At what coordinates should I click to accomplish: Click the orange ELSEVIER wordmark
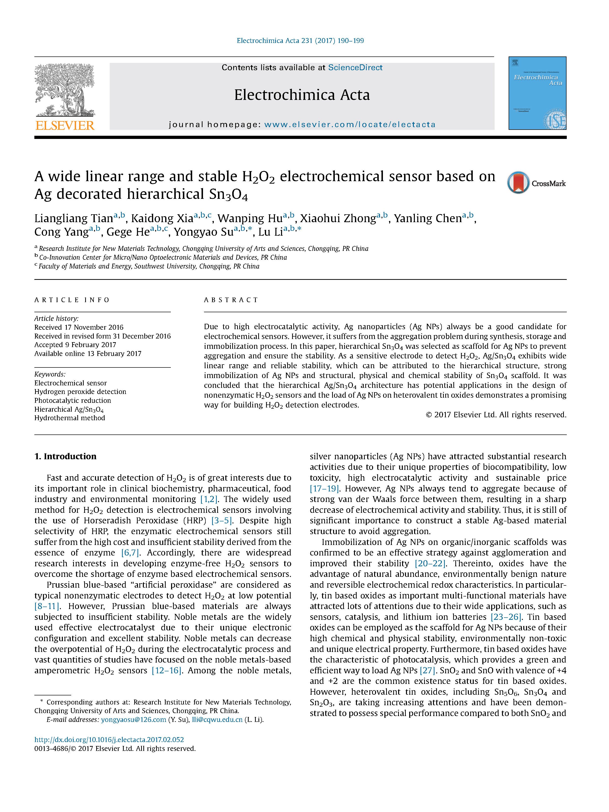click(x=65, y=125)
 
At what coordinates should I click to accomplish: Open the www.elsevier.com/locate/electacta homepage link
click(x=350, y=124)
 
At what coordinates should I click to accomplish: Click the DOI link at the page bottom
click(x=109, y=740)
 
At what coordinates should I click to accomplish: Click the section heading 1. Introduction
click(x=65, y=456)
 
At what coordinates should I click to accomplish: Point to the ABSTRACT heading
click(x=231, y=300)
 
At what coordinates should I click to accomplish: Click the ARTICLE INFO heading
click(x=72, y=300)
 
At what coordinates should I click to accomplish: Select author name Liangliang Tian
click(x=73, y=218)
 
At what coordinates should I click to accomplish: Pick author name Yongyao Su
click(x=203, y=232)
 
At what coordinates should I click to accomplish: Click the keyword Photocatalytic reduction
click(x=73, y=401)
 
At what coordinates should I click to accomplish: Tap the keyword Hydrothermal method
click(x=70, y=418)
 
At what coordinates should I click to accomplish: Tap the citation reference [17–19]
click(x=325, y=488)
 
